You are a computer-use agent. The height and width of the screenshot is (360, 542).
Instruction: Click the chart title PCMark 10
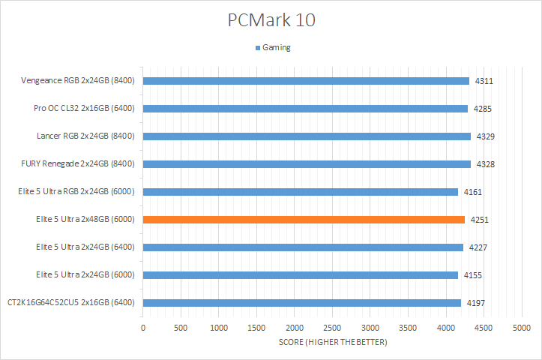click(x=271, y=20)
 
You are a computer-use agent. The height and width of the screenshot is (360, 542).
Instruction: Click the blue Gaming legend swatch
click(x=256, y=47)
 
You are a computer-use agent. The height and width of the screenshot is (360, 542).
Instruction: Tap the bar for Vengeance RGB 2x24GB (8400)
click(x=306, y=81)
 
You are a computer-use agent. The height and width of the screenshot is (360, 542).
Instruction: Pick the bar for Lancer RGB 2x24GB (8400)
click(x=307, y=136)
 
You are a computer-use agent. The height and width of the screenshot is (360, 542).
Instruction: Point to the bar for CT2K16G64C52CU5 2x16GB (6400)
click(x=301, y=303)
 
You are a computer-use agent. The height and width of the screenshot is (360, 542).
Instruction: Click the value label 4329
click(x=484, y=136)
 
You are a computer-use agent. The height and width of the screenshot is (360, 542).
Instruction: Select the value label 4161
click(x=473, y=192)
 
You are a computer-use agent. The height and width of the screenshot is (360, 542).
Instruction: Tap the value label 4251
click(x=480, y=220)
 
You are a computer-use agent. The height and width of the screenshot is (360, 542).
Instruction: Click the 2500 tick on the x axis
click(x=332, y=328)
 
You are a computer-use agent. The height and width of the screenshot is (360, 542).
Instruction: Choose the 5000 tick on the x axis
click(x=522, y=328)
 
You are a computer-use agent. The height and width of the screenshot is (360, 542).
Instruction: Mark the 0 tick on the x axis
click(x=143, y=328)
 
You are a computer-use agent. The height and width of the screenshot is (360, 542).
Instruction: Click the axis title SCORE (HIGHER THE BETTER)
click(x=332, y=343)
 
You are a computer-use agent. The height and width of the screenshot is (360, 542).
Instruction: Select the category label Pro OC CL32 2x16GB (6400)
click(x=85, y=109)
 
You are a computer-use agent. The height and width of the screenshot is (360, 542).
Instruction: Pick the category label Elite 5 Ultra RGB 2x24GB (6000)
click(x=76, y=191)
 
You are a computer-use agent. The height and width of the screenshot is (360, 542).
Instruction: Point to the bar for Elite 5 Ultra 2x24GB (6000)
click(x=300, y=275)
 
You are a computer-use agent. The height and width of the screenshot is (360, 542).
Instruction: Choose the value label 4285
click(x=483, y=109)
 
